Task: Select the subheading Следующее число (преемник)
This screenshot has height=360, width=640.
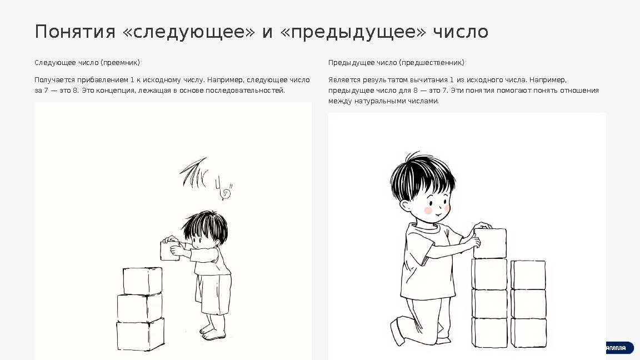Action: point(87,62)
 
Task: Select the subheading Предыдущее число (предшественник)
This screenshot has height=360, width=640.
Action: point(396,62)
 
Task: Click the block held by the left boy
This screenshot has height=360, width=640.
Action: point(168,251)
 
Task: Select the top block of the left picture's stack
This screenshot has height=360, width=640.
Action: point(143,281)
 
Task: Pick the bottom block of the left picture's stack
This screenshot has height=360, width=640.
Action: point(140,334)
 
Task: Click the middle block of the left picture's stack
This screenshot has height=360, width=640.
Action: point(139,307)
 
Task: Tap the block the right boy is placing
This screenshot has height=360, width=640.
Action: point(489,243)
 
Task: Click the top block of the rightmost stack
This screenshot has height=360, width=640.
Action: point(528,274)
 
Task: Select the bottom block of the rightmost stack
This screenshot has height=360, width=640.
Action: point(528,332)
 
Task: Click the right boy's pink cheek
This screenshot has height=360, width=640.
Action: point(428,211)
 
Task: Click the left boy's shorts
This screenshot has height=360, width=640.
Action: point(216,294)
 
